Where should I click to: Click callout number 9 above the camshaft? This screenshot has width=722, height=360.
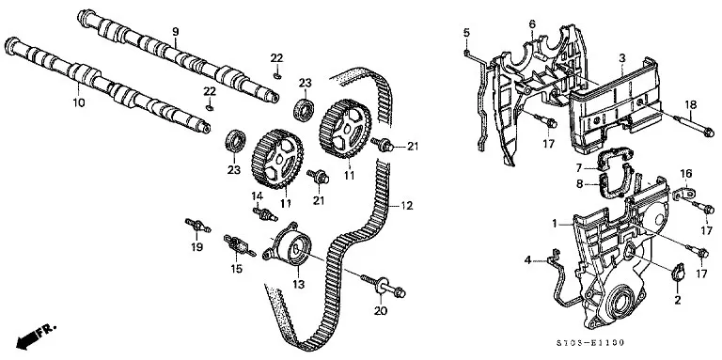coord(176,32)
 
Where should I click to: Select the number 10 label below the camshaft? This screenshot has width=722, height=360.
coord(79,102)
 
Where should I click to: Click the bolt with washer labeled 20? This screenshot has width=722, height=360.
coord(384,287)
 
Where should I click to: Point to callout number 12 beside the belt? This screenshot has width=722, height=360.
coord(406,205)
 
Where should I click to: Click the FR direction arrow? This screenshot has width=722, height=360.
coord(36,336)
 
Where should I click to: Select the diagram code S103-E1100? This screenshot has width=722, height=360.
coord(589,342)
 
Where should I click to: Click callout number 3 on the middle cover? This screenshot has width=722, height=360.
coord(621,58)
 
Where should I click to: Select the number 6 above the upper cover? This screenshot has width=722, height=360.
coord(532,23)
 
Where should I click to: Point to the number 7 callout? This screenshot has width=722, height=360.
coord(579,167)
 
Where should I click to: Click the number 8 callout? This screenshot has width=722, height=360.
coord(579,184)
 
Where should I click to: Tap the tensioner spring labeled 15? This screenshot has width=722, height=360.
coord(239,244)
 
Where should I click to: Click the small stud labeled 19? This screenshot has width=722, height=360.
coord(197,226)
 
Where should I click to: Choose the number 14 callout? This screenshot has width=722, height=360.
coord(257,196)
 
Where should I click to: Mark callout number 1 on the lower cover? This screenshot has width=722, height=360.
coord(556,224)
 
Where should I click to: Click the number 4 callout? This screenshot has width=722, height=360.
coord(527,260)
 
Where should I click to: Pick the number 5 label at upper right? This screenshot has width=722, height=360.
coord(466,32)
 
